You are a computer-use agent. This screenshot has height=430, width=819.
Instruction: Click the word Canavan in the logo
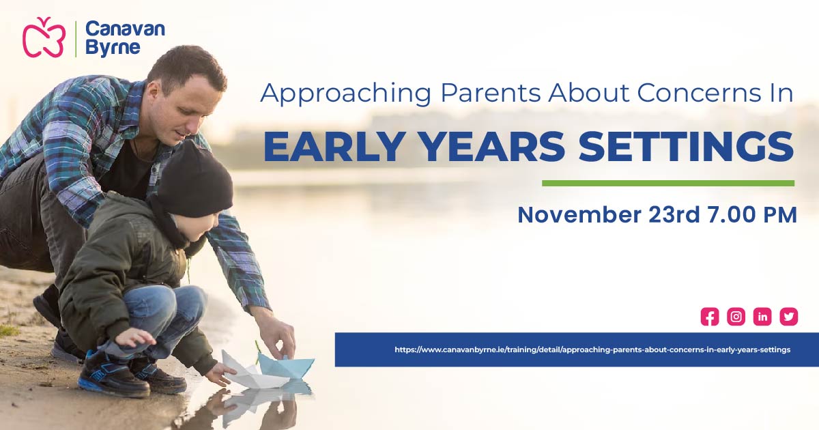point(125,29)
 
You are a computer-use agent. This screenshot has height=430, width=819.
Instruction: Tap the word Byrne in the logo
point(113,48)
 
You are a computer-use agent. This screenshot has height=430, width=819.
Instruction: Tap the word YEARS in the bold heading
point(497,147)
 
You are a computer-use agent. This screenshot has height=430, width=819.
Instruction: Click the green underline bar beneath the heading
point(667,183)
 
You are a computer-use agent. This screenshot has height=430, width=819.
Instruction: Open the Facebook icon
point(710,317)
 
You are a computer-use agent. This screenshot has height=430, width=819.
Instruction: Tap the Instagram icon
point(736,317)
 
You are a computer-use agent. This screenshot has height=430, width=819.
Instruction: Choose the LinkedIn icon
point(762,317)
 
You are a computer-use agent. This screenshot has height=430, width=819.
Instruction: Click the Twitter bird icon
point(789,317)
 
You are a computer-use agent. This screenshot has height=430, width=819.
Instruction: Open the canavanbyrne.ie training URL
point(592,349)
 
